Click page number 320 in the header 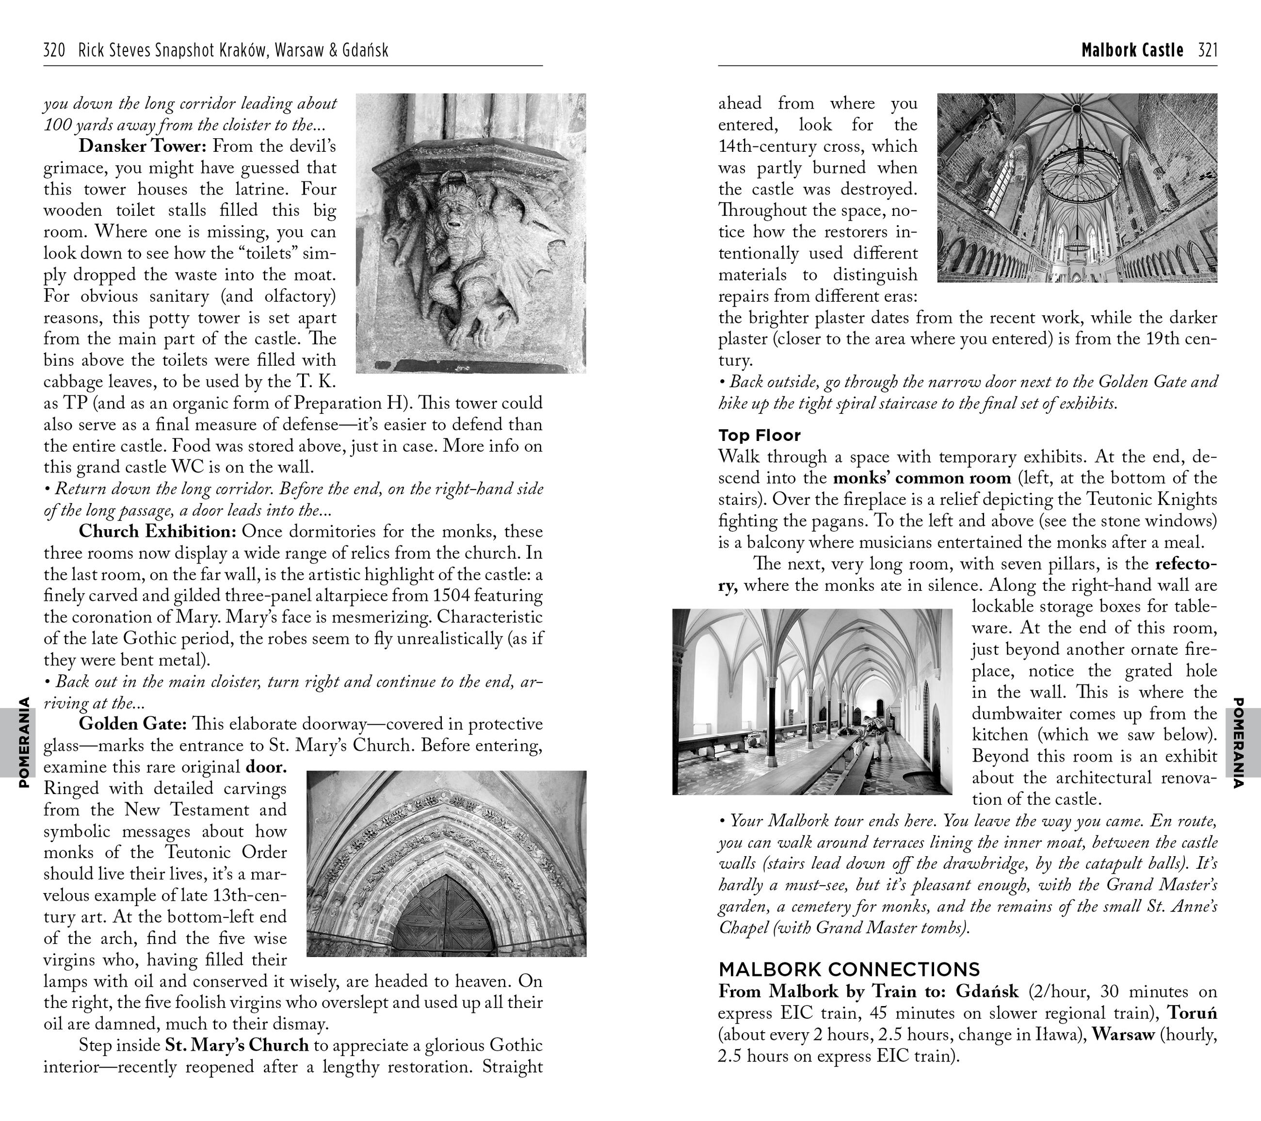coord(54,50)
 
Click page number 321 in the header coord(1207,50)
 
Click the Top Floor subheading coord(759,436)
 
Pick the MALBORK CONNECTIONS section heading coord(849,969)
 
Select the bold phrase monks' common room coord(921,478)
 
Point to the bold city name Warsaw coord(1123,1035)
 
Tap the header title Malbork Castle coord(1132,50)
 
